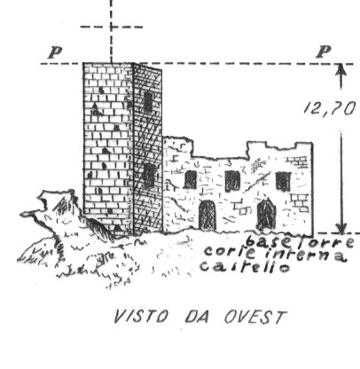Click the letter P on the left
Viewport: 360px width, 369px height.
[55, 52]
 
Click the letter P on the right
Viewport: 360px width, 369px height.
[323, 52]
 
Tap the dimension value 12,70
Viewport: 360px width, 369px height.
[329, 108]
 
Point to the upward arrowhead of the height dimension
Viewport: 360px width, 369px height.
[341, 69]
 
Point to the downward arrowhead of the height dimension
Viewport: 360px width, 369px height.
[341, 228]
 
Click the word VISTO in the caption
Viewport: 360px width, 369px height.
[141, 317]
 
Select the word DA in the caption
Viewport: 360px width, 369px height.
[197, 317]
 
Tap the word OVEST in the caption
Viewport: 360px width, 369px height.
[254, 317]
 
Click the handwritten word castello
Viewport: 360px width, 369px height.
[245, 266]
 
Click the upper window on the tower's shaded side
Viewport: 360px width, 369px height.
[148, 102]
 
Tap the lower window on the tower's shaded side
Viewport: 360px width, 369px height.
[149, 176]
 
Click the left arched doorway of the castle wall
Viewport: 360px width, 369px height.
[207, 215]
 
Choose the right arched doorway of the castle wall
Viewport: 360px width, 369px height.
[266, 214]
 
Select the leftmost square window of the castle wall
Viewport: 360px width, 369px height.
[191, 179]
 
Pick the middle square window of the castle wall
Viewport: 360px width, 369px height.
[232, 181]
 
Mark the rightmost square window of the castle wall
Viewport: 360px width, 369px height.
[283, 181]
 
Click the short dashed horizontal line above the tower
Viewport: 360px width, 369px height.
[112, 27]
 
